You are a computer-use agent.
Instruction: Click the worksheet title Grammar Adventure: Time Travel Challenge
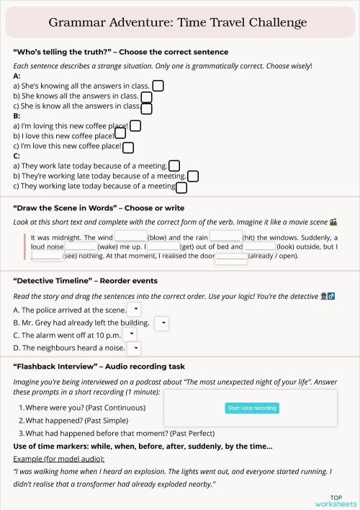(178, 22)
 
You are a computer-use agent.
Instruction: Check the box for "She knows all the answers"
(146, 97)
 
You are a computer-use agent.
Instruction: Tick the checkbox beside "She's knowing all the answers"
(158, 86)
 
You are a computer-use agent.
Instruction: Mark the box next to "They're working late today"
(192, 176)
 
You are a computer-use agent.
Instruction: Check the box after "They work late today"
(174, 166)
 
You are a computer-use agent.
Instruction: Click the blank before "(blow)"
(130, 236)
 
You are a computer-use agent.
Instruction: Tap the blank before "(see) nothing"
(46, 255)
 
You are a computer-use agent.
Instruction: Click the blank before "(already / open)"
(230, 256)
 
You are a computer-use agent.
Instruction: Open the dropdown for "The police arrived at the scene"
(135, 309)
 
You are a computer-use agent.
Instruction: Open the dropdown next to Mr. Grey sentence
(162, 323)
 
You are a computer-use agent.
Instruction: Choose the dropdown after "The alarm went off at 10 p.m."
(130, 335)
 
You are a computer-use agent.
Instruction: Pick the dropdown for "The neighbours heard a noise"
(134, 349)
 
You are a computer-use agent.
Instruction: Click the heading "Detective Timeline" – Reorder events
(85, 280)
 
